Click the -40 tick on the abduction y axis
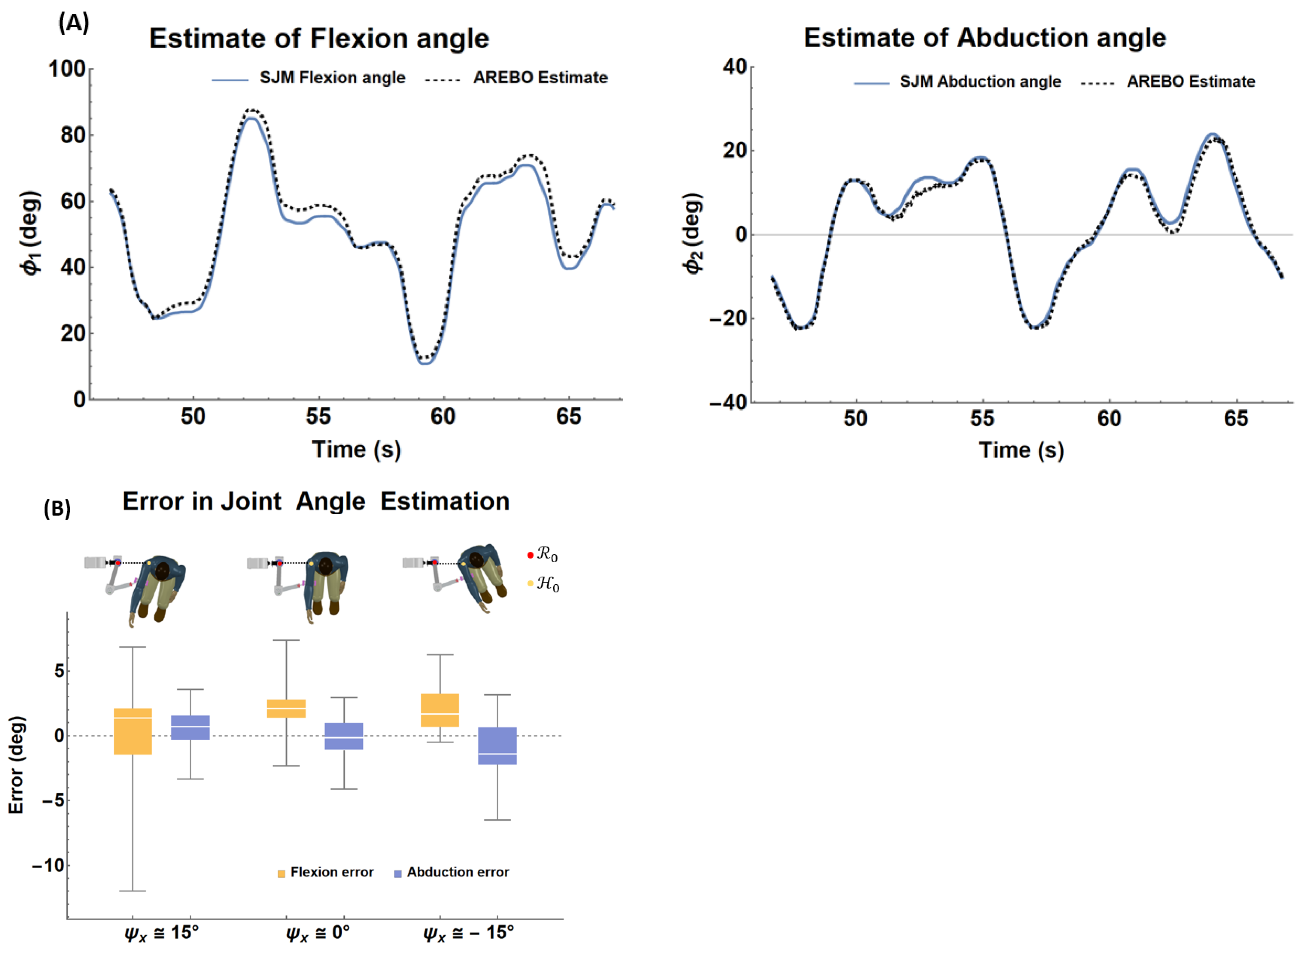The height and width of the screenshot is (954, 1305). [728, 403]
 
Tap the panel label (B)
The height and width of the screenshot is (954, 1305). [57, 509]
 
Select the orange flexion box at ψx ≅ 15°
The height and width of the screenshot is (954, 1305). [133, 731]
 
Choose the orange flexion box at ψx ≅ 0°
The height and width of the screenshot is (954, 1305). [286, 709]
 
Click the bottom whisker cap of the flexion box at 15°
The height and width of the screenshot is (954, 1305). [133, 891]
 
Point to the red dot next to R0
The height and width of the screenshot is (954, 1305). [530, 556]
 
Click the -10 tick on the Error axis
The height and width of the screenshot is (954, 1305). [48, 865]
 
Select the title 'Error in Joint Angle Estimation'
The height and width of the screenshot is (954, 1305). [316, 501]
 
